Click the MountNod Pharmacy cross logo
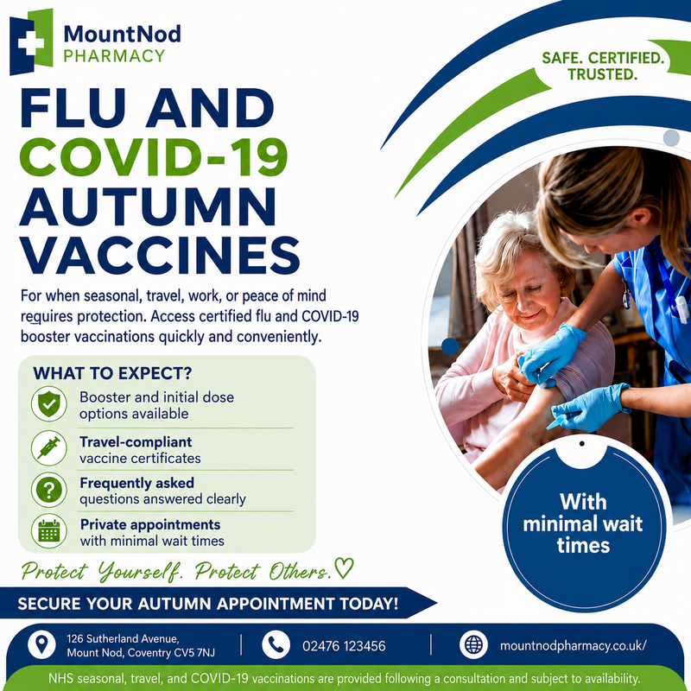point(31,41)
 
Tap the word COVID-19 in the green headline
point(154,157)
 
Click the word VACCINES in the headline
point(160,255)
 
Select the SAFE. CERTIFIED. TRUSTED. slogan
point(602,67)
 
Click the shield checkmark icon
point(49,404)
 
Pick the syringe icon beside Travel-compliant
point(49,448)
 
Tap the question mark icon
point(49,490)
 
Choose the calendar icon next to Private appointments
point(49,531)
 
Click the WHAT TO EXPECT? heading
point(112,373)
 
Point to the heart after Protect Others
point(344,568)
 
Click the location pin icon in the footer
point(41,645)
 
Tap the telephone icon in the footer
point(276,645)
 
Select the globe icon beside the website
point(473,645)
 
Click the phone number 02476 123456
point(344,646)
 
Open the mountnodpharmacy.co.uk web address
point(573,646)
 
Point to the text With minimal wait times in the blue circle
point(583,524)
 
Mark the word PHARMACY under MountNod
point(114,56)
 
